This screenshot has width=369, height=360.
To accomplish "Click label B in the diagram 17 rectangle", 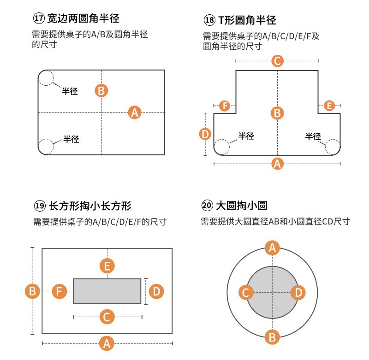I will (101, 90).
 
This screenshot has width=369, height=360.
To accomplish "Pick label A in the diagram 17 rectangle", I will (134, 112).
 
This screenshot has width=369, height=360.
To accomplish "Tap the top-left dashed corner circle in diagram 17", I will (46, 78).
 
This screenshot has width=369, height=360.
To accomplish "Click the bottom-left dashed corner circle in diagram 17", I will (46, 147).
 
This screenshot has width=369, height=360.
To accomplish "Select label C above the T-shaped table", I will (277, 61).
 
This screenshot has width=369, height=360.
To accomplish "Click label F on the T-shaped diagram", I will (225, 106).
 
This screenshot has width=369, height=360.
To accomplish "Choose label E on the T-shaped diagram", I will (329, 106).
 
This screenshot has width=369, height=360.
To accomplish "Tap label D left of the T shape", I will (205, 134).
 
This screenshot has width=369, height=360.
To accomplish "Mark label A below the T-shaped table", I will (277, 163).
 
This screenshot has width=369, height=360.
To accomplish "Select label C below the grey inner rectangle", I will (107, 317).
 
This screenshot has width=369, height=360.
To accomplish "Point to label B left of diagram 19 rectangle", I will (32, 291).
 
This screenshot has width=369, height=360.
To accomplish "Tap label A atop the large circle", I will (272, 248).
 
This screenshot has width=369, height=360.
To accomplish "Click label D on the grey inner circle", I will (298, 292).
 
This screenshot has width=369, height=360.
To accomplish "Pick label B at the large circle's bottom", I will (272, 337).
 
